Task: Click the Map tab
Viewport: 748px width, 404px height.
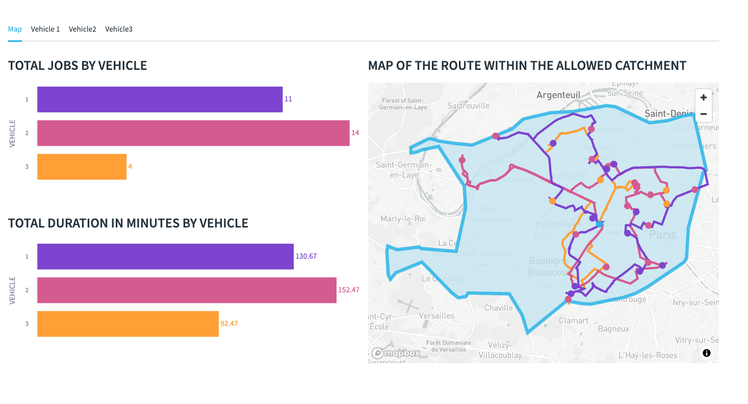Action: (15, 29)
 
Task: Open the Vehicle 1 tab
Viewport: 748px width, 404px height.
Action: (45, 29)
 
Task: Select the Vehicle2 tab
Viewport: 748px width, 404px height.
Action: (83, 29)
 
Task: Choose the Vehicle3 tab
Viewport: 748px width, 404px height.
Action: (119, 29)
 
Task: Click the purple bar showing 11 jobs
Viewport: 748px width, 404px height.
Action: (160, 99)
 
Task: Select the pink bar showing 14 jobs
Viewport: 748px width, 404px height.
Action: (193, 133)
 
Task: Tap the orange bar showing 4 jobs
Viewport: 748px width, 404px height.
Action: (82, 167)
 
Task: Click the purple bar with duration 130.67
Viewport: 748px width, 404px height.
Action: (165, 257)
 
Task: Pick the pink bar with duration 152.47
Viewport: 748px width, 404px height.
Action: (187, 290)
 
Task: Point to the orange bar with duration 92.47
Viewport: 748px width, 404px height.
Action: (128, 324)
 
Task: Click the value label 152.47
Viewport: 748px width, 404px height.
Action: (349, 290)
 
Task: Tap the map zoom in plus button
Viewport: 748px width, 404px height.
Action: (704, 97)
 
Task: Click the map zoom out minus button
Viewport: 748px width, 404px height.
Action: (704, 114)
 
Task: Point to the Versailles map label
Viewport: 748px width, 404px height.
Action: (436, 316)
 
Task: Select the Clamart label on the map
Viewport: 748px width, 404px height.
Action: (574, 321)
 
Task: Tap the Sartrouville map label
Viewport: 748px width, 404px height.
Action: (468, 106)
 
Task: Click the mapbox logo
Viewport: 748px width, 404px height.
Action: (396, 353)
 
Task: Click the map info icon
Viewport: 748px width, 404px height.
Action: (707, 353)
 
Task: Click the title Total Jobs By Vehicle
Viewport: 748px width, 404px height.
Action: (78, 66)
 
